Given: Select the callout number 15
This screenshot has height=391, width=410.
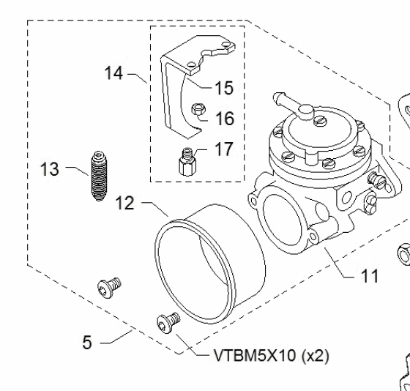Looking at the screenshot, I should click(x=223, y=88).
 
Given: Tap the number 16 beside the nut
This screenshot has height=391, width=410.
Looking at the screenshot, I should click(x=223, y=117).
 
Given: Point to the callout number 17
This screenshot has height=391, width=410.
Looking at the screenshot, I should click(x=223, y=149).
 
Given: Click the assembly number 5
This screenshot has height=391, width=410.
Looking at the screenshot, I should click(x=87, y=342).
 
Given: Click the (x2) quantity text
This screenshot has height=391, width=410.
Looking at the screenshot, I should click(x=316, y=357).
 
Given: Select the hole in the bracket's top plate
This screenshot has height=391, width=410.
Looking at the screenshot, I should click(x=190, y=65).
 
